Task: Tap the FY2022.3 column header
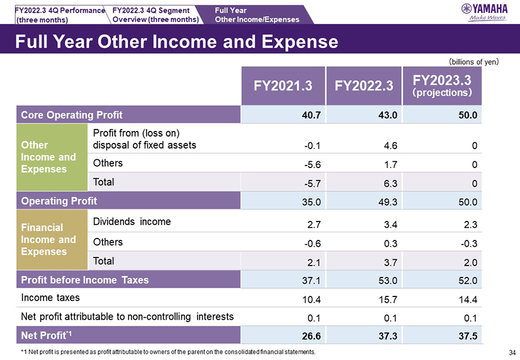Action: [361, 86]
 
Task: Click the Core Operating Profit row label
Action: [72, 115]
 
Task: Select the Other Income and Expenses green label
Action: [48, 157]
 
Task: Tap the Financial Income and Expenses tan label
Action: [48, 240]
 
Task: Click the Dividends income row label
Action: [132, 222]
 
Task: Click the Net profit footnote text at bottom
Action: [168, 352]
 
